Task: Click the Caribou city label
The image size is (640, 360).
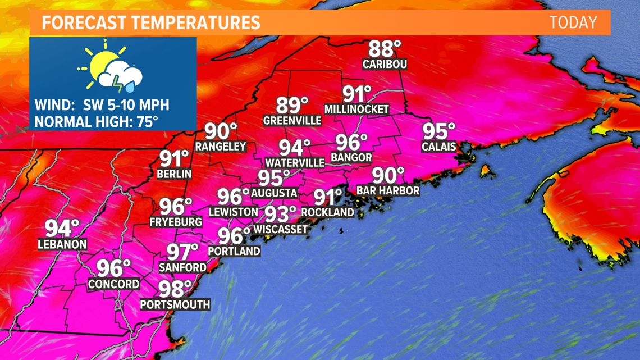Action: tap(385, 64)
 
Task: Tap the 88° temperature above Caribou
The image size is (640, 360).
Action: tap(385, 48)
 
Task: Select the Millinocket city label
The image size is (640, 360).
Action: tap(356, 109)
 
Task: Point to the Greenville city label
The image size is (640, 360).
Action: tap(292, 120)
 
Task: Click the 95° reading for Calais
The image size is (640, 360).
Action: tap(438, 131)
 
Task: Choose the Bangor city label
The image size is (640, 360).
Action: tap(351, 158)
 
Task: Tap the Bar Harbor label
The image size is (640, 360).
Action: tap(388, 190)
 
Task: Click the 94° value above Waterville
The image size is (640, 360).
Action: tap(295, 148)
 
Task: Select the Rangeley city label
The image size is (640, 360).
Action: tap(221, 146)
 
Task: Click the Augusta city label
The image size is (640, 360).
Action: tap(274, 193)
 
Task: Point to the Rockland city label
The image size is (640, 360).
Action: tap(328, 212)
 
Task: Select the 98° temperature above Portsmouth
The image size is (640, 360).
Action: tap(175, 289)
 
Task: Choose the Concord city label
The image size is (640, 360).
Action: tap(113, 284)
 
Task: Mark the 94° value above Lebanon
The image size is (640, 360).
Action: tap(62, 229)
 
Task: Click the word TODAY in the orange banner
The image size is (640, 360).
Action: tap(573, 22)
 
